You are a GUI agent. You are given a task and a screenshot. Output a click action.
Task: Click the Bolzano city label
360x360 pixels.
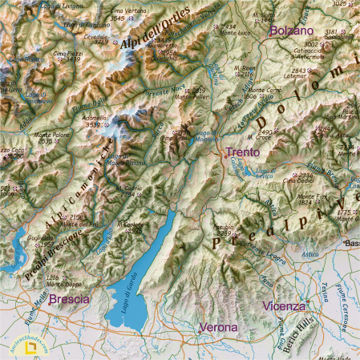coord(291,30)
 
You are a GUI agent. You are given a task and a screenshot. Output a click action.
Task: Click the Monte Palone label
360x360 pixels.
coord(51,135)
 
